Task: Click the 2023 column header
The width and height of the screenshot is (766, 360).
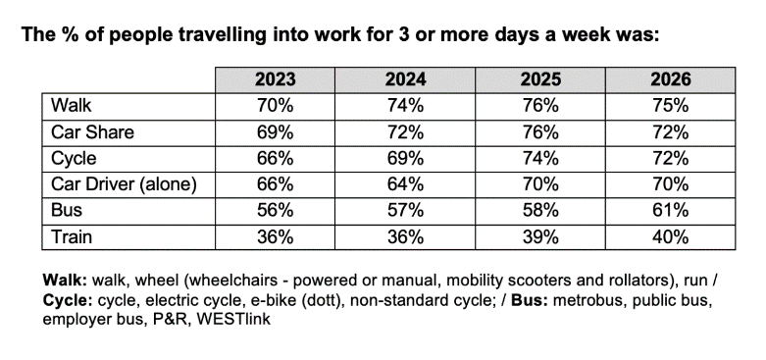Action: pyautogui.click(x=275, y=79)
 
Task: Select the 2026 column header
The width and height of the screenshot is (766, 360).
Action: pyautogui.click(x=670, y=79)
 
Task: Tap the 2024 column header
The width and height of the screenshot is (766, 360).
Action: pyautogui.click(x=405, y=79)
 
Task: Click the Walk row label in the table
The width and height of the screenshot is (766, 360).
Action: pyautogui.click(x=71, y=106)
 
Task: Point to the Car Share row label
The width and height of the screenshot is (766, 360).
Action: pyautogui.click(x=92, y=131)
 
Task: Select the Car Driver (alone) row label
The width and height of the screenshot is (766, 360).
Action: pyautogui.click(x=124, y=184)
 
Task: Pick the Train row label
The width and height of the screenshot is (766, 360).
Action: pyautogui.click(x=72, y=237)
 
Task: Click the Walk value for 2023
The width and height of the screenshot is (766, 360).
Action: pyautogui.click(x=275, y=106)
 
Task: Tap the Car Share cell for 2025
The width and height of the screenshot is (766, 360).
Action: pyautogui.click(x=539, y=131)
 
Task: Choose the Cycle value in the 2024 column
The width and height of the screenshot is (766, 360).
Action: pyautogui.click(x=405, y=158)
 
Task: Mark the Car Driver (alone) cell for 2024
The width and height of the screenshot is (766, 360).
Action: pyautogui.click(x=405, y=184)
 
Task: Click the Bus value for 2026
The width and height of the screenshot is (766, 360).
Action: pyautogui.click(x=670, y=211)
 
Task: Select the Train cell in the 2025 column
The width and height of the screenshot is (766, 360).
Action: pyautogui.click(x=539, y=237)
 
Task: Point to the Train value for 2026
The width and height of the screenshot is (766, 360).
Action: pyautogui.click(x=670, y=237)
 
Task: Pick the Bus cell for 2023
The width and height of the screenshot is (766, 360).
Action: pyautogui.click(x=275, y=211)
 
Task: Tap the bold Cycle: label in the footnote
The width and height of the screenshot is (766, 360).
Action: pyautogui.click(x=68, y=301)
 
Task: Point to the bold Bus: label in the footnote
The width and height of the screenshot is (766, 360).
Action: pyautogui.click(x=530, y=300)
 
